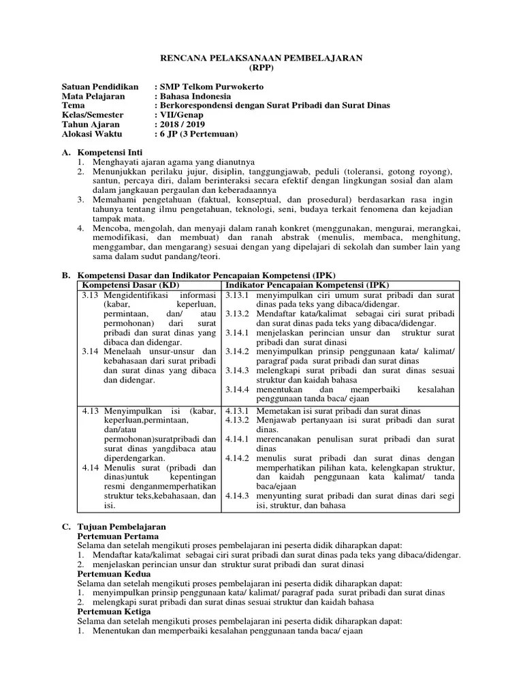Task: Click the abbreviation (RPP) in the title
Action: click(261, 70)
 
